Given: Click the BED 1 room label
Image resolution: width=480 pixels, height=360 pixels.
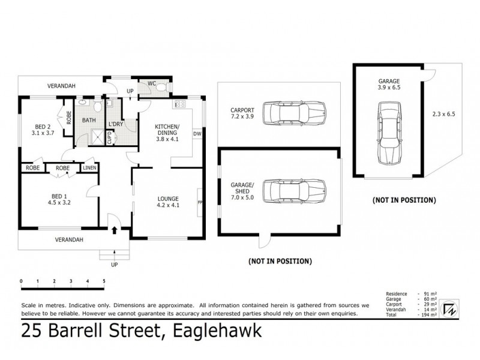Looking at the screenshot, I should tap(59, 195).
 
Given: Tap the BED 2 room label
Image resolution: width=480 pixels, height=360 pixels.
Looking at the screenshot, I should tap(41, 127).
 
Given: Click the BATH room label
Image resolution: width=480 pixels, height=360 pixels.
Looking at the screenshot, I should tap(89, 120).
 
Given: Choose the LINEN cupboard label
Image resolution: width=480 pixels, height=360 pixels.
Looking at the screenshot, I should tap(89, 168).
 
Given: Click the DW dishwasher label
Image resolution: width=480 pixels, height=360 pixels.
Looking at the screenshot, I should tap(196, 133).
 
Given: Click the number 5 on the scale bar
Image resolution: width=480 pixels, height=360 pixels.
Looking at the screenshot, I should tap(104, 281).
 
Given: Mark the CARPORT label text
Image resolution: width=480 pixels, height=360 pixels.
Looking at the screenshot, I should tap(242, 110).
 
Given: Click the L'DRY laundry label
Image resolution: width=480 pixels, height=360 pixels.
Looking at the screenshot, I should tap(116, 124).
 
